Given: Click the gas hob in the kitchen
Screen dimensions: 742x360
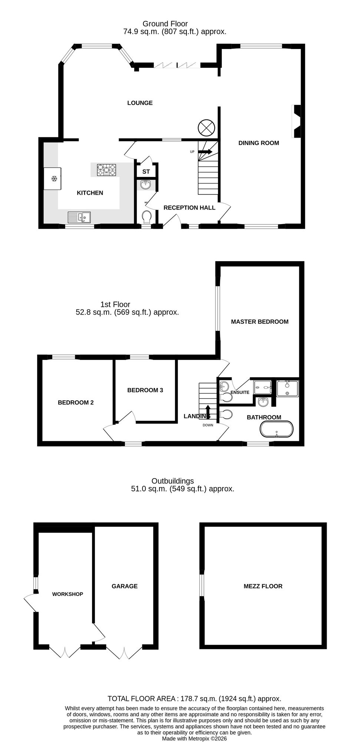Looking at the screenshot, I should (x=106, y=170).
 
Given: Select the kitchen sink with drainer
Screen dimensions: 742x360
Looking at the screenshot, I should (x=79, y=217).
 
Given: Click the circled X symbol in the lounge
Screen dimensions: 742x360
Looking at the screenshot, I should (x=206, y=128).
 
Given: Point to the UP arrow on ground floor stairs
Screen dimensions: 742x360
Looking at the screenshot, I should (x=205, y=151).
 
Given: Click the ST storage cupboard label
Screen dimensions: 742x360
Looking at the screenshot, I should (x=146, y=172).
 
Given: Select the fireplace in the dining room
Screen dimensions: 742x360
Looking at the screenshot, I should (x=297, y=121).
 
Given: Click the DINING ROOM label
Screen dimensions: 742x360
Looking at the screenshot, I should (x=258, y=143).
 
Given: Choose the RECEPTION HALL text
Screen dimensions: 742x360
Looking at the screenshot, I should (x=189, y=208).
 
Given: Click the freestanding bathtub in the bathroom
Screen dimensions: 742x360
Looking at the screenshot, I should (x=277, y=429).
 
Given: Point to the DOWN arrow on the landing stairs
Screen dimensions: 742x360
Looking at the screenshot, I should (x=208, y=411).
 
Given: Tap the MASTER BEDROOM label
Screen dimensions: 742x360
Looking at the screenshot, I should (x=260, y=322).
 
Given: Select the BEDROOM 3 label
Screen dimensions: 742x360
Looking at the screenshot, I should (x=145, y=390).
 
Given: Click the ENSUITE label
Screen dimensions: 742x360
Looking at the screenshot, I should (x=240, y=392).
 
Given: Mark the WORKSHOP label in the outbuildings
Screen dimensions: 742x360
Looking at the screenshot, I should (x=67, y=594).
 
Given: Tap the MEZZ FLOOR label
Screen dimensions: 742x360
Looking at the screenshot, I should (x=263, y=586).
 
